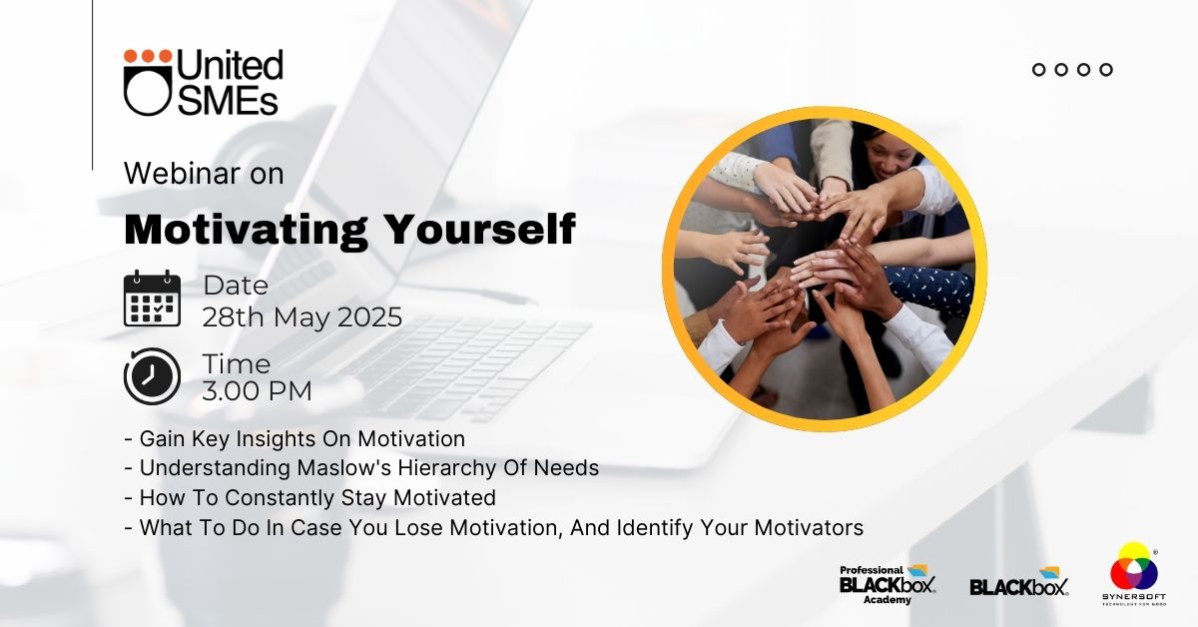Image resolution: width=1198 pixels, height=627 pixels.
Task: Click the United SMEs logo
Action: pyautogui.click(x=204, y=82)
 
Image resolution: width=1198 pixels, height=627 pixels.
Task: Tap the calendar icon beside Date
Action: pyautogui.click(x=152, y=299)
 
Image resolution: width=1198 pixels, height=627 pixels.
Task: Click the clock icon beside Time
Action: pyautogui.click(x=152, y=376)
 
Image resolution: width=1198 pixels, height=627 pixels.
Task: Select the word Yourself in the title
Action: pyautogui.click(x=480, y=230)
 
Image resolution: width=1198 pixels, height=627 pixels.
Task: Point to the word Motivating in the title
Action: pyautogui.click(x=246, y=230)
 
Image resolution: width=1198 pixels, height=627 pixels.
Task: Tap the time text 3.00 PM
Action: pyautogui.click(x=257, y=390)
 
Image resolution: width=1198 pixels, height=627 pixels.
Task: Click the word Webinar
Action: pyautogui.click(x=182, y=174)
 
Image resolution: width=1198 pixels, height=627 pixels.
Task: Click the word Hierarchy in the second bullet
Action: pyautogui.click(x=446, y=468)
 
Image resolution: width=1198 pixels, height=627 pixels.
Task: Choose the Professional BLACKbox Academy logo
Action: pyautogui.click(x=888, y=584)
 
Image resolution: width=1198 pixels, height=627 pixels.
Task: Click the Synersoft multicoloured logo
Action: pyautogui.click(x=1134, y=574)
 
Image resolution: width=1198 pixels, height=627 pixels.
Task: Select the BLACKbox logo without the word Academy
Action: pyautogui.click(x=1019, y=582)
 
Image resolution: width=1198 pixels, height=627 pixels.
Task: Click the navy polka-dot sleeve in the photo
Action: pyautogui.click(x=929, y=289)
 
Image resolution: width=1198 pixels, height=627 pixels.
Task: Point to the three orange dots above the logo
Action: pyautogui.click(x=148, y=56)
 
